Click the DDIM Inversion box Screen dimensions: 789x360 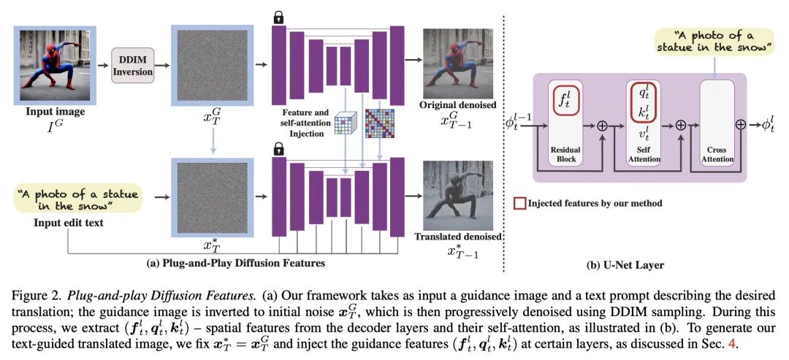132,66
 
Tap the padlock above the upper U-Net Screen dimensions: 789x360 278,18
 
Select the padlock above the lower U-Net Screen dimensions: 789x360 278,149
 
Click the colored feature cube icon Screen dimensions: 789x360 345,124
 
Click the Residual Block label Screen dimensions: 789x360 565,154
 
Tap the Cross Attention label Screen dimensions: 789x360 716,154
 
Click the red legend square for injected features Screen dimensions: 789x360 518,203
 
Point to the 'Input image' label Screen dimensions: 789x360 55,112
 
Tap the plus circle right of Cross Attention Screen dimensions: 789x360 740,125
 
